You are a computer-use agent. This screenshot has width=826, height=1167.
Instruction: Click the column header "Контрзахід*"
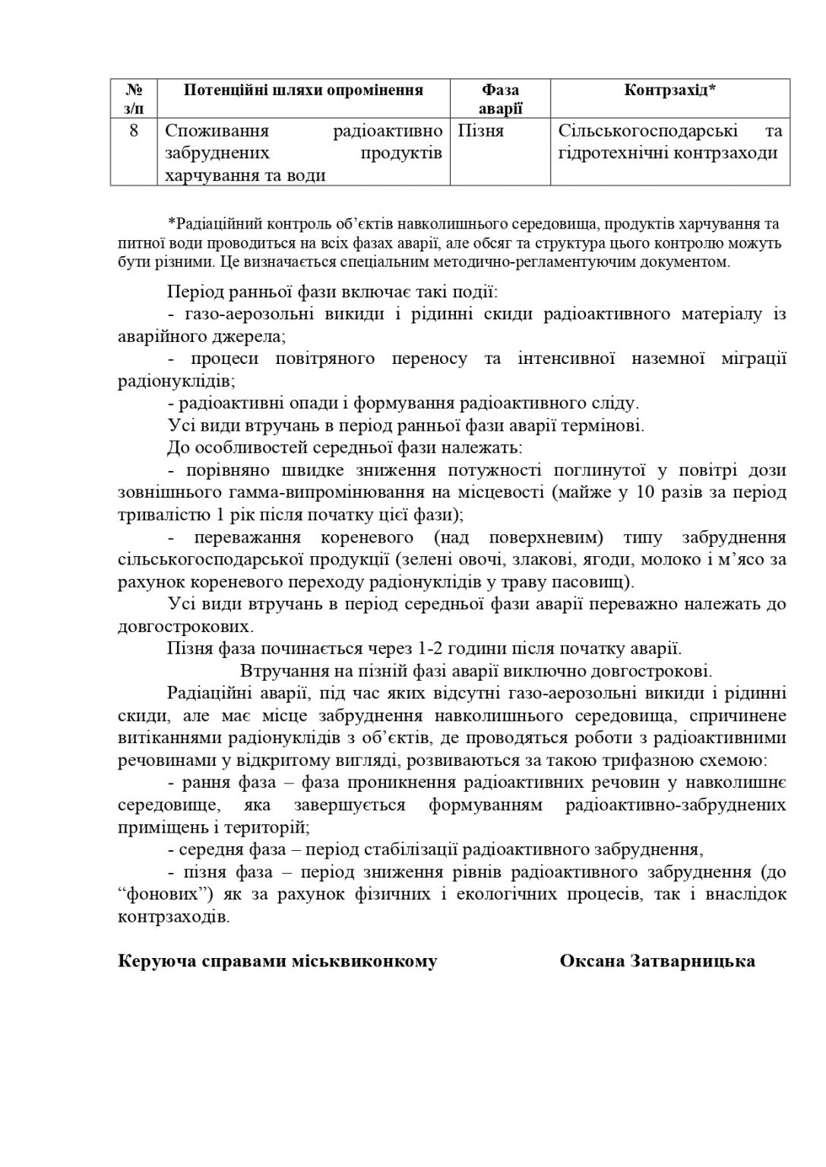pos(669,90)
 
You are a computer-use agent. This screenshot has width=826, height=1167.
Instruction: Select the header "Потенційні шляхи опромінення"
pos(302,90)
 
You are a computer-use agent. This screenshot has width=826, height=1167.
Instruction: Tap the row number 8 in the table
pos(133,130)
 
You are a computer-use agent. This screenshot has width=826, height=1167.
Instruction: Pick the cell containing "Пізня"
pos(480,131)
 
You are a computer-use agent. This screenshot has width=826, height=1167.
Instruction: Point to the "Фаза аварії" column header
pos(500,99)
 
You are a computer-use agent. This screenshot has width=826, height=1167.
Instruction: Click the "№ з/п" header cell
pos(133,99)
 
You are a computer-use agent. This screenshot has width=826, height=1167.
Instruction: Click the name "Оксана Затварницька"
pos(657,961)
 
